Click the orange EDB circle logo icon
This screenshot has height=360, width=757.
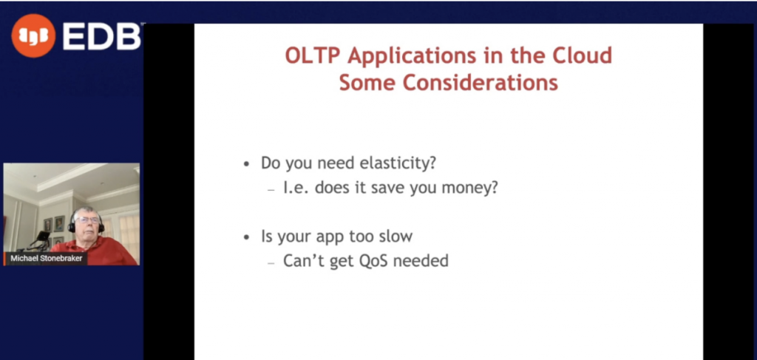pyautogui.click(x=33, y=35)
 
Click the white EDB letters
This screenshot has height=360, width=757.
pyautogui.click(x=101, y=36)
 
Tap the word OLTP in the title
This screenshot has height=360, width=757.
pyautogui.click(x=313, y=56)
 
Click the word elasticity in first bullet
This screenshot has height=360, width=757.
pyautogui.click(x=398, y=163)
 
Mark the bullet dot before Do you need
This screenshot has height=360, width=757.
pyautogui.click(x=247, y=165)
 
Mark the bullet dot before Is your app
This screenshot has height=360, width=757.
pyautogui.click(x=247, y=238)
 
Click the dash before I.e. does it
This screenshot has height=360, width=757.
pyautogui.click(x=271, y=190)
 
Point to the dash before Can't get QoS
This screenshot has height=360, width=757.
pyautogui.click(x=271, y=263)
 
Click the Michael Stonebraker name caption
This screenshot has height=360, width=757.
pyautogui.click(x=47, y=259)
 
